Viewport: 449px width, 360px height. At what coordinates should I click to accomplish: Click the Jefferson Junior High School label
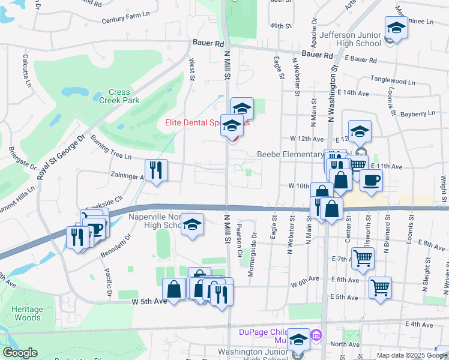[351, 39]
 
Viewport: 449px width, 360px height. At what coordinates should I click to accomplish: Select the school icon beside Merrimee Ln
[396, 28]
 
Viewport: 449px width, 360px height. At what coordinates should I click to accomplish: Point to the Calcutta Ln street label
[26, 71]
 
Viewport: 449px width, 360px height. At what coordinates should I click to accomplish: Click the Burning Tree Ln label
[110, 148]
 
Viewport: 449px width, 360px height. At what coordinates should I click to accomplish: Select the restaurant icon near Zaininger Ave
[156, 170]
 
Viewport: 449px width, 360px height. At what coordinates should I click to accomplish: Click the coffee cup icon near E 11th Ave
[371, 181]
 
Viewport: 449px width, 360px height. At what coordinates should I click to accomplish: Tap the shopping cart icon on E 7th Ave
[363, 259]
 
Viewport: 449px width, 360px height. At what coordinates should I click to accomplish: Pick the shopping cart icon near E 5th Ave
[381, 288]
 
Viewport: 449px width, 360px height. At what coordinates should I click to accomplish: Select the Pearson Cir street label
[239, 235]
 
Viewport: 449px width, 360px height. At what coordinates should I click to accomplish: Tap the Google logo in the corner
[20, 353]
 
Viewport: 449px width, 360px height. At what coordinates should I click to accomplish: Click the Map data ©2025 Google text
[411, 355]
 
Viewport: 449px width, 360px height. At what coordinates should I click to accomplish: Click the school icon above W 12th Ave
[360, 131]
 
